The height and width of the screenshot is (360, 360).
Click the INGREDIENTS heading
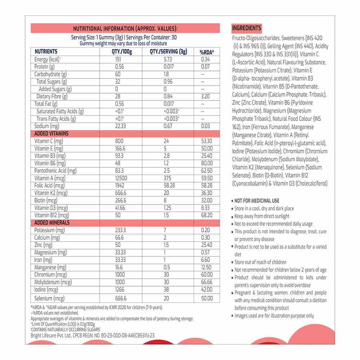(247, 28)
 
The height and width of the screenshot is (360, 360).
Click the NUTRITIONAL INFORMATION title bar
(125, 28)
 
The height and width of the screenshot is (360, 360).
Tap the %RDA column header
(207, 52)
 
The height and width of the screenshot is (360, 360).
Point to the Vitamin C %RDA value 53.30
(207, 141)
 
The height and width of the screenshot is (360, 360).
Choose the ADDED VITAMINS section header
(51, 134)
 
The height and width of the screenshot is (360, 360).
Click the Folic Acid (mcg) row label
(49, 185)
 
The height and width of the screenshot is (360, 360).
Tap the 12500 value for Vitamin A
(121, 178)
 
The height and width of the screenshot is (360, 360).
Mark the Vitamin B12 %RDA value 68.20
(207, 215)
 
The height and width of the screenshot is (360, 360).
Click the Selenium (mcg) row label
(49, 298)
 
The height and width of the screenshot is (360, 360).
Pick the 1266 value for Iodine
(120, 289)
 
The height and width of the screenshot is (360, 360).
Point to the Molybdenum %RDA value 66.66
(207, 282)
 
